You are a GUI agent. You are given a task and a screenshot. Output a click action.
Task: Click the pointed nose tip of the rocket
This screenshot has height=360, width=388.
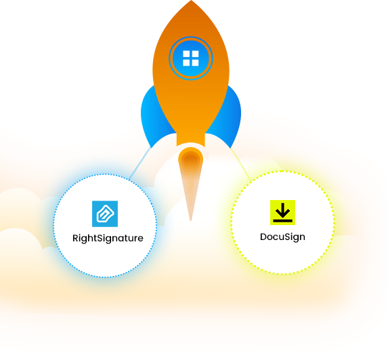(x=191, y=1)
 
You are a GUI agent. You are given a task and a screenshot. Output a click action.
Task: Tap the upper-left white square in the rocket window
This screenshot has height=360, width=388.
(x=186, y=54)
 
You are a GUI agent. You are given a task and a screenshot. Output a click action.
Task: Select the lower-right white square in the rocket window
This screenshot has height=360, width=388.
(x=195, y=63)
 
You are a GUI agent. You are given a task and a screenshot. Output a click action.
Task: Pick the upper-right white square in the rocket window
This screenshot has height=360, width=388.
(x=195, y=54)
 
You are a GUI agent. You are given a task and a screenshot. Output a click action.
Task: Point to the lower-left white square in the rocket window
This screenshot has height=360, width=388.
(x=186, y=63)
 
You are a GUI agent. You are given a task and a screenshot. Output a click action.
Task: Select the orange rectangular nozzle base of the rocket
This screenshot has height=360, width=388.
(x=190, y=140)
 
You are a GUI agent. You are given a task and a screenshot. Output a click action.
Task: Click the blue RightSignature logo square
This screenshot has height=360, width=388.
(x=105, y=214)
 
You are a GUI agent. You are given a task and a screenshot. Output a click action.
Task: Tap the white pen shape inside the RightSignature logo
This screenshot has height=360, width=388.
(x=105, y=214)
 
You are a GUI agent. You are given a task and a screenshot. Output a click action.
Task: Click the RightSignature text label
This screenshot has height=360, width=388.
(x=108, y=239)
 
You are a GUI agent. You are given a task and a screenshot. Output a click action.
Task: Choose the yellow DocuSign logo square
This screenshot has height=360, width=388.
(x=282, y=213)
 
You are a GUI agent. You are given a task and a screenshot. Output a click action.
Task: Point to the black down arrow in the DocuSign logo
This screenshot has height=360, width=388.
(x=282, y=210)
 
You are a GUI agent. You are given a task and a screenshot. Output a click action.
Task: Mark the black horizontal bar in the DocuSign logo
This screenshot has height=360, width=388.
(x=282, y=220)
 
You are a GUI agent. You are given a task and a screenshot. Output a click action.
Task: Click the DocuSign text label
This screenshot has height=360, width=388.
(x=282, y=237)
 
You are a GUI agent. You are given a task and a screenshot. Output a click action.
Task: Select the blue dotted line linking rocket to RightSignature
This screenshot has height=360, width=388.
(x=139, y=163)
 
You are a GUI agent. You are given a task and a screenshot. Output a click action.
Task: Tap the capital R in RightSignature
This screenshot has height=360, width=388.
(x=75, y=239)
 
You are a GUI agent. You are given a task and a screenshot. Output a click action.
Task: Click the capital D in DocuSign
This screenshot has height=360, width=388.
(x=263, y=237)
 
